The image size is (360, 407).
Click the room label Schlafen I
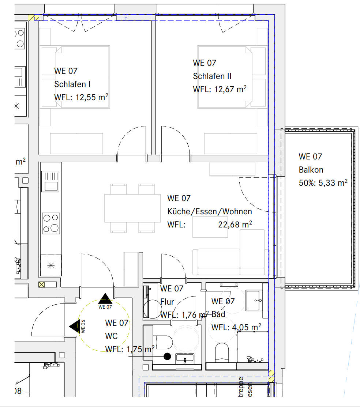click(72, 84)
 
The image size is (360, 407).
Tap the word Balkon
click(311, 170)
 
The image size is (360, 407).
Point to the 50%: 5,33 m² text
click(323, 183)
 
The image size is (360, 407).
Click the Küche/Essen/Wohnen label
click(210, 211)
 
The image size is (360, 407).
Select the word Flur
click(167, 302)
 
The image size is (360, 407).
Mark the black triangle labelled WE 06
click(75, 326)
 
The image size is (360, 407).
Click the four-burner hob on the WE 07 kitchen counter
click(51, 223)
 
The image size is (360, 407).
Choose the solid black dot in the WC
click(168, 356)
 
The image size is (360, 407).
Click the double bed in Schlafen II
click(225, 77)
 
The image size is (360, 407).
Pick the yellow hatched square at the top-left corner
click(34, 17)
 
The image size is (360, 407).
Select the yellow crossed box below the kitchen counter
click(41, 284)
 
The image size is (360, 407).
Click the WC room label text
click(111, 336)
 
